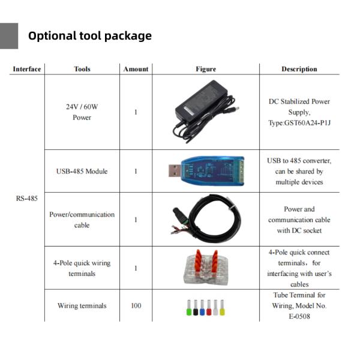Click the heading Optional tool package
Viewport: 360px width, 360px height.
(x=90, y=36)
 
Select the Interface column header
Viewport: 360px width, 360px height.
(x=27, y=69)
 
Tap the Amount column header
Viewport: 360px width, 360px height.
(x=136, y=69)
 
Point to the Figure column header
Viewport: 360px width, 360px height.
(x=206, y=69)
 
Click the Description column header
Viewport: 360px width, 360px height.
(x=299, y=69)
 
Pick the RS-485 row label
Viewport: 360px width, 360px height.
(x=26, y=199)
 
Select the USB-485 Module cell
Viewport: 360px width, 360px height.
(x=82, y=171)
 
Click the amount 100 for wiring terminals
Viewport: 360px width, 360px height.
(x=136, y=305)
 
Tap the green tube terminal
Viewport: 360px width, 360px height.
(x=189, y=308)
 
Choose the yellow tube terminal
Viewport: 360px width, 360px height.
(x=222, y=308)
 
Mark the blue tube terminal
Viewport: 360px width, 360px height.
(x=202, y=308)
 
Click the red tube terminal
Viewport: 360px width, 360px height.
(x=209, y=308)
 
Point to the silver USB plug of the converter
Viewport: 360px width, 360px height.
(x=175, y=170)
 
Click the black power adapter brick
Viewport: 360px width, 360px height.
(x=202, y=99)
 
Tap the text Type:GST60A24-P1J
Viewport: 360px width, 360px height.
(x=299, y=123)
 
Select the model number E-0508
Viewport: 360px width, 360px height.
(x=299, y=316)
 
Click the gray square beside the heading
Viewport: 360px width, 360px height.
(x=9, y=36)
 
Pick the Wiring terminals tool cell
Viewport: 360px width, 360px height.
(x=82, y=305)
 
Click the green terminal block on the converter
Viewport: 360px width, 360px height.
(x=241, y=170)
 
